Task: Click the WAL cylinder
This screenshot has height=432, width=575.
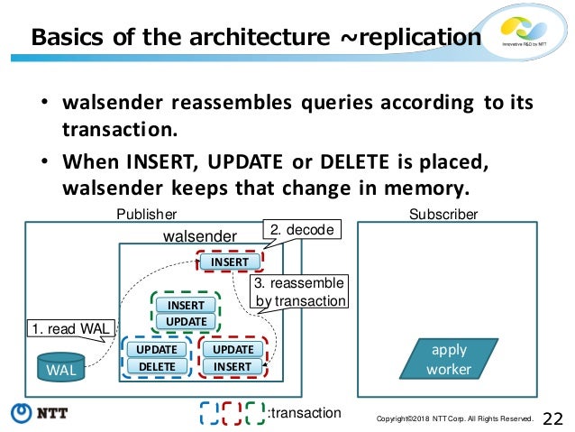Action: coord(61,369)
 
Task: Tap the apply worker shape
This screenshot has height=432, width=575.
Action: coord(449,359)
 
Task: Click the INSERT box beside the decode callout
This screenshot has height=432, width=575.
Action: coord(230,262)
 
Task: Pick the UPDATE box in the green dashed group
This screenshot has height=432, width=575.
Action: coord(187,321)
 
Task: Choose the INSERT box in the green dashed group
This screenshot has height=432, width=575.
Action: coord(187,305)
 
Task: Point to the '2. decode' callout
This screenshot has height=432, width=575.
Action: coord(302,231)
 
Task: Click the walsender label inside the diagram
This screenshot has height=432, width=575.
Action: coord(198,235)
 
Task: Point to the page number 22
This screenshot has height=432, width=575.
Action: coord(553,417)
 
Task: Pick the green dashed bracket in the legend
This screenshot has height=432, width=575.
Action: coord(254,412)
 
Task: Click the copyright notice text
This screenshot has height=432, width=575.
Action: coord(455,418)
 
